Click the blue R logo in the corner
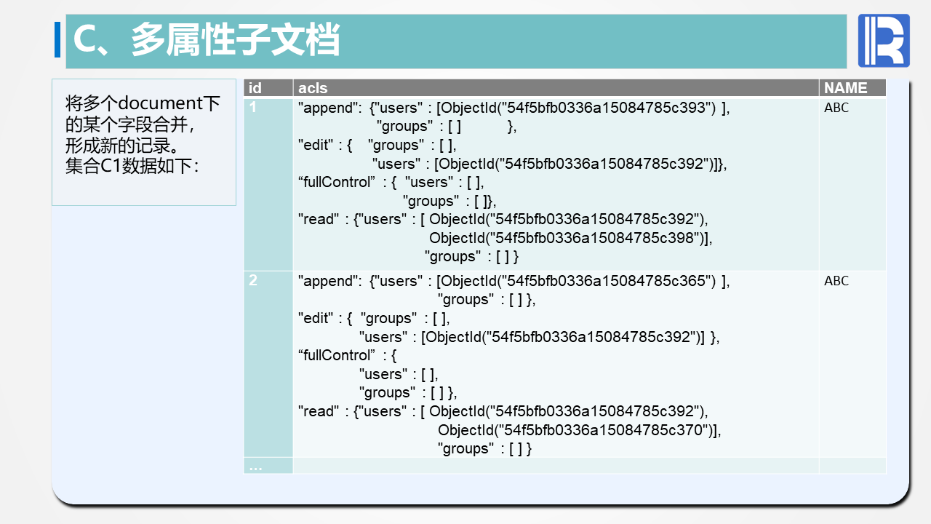(x=884, y=40)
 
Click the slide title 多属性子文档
(x=236, y=39)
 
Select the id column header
(x=255, y=88)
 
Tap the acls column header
(x=313, y=88)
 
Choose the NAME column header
(x=846, y=88)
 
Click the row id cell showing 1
(x=252, y=107)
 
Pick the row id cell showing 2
(x=252, y=280)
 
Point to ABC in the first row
(x=836, y=108)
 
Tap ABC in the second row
(x=836, y=281)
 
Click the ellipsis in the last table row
(x=255, y=468)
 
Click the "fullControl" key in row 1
(x=337, y=182)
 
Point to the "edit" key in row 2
(x=316, y=318)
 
